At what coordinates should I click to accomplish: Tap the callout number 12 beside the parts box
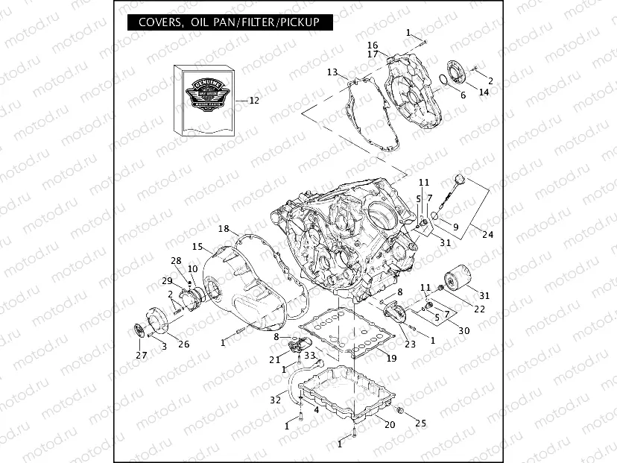point(253,101)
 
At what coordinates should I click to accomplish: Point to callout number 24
point(487,235)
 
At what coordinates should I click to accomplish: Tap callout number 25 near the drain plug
point(421,423)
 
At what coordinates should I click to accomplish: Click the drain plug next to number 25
point(400,411)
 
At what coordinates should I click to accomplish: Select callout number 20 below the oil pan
point(389,425)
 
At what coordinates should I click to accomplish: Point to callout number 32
point(276,400)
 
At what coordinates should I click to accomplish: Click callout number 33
point(309,356)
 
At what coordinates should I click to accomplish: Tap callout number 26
point(183,344)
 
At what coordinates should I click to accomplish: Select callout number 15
point(197,246)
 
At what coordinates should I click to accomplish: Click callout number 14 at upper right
point(484,92)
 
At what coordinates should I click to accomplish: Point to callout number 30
point(463,330)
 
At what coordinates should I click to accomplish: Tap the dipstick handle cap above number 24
point(459,179)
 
